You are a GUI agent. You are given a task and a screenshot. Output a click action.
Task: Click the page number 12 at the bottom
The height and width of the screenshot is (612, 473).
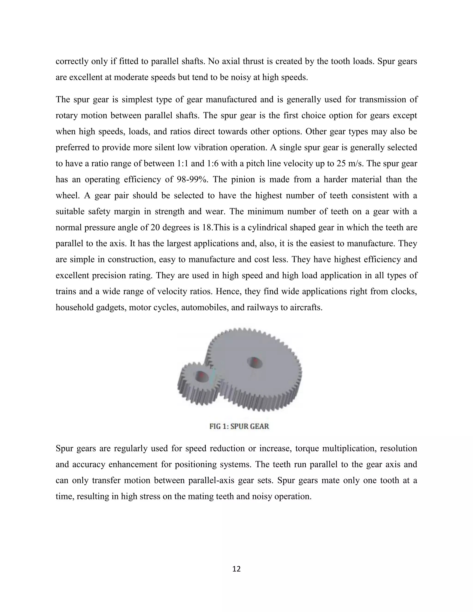(x=236, y=569)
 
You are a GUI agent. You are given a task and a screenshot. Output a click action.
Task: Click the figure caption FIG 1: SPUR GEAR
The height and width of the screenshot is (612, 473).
(x=239, y=426)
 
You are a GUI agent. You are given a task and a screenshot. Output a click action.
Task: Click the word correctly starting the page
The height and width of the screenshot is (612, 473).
(x=72, y=61)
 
